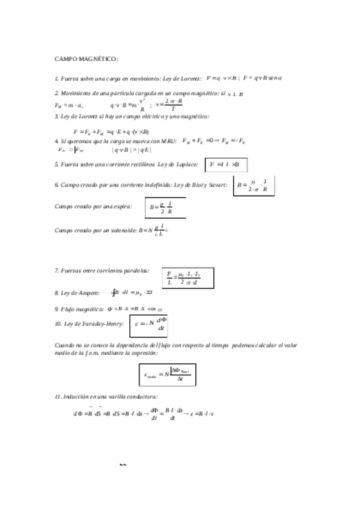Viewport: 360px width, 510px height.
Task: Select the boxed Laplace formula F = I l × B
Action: (226, 164)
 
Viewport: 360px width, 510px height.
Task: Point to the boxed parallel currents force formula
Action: (188, 278)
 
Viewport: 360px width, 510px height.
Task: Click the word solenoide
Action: (123, 230)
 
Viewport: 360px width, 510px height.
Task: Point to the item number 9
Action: (56, 309)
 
